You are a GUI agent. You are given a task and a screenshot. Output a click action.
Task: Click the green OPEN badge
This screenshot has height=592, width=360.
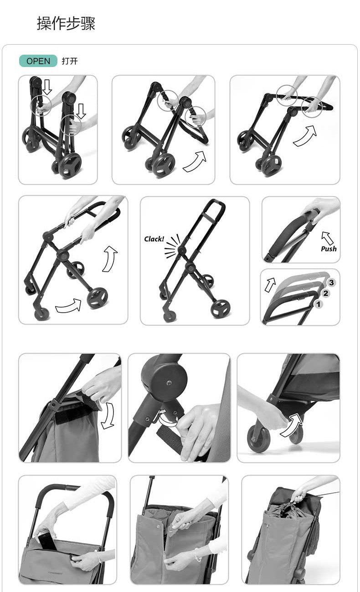pyautogui.click(x=38, y=61)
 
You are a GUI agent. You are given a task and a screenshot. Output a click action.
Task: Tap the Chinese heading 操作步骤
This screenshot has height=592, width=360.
pyautogui.click(x=66, y=23)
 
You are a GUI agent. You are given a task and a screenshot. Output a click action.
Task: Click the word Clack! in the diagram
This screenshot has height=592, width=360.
pyautogui.click(x=154, y=239)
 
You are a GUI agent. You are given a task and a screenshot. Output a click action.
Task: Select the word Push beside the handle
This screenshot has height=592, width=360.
pyautogui.click(x=329, y=249)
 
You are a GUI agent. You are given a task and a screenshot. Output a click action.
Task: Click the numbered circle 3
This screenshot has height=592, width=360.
pyautogui.click(x=331, y=283)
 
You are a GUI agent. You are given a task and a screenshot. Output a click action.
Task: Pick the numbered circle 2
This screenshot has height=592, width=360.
pyautogui.click(x=326, y=293)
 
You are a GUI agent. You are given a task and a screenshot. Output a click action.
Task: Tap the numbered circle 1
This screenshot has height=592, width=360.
pyautogui.click(x=319, y=304)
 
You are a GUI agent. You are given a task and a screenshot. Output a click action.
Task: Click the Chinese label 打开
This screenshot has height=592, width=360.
pyautogui.click(x=70, y=61)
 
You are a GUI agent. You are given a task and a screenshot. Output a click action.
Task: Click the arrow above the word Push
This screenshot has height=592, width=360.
pyautogui.click(x=327, y=237)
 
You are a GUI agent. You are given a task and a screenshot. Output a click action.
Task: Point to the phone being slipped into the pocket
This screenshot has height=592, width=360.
pyautogui.click(x=47, y=541)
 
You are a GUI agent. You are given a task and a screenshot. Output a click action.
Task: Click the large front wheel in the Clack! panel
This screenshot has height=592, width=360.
pyautogui.click(x=220, y=309)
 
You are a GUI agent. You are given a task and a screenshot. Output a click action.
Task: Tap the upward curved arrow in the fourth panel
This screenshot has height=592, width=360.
pyautogui.click(x=110, y=259)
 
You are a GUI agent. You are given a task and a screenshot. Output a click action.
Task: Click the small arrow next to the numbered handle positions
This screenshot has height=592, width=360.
pyautogui.click(x=270, y=285)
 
